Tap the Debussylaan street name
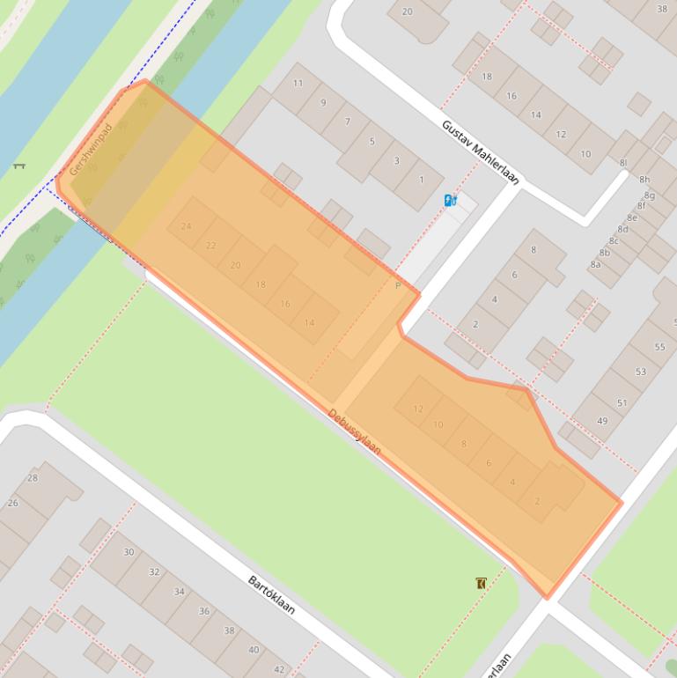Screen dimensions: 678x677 tap(355, 431)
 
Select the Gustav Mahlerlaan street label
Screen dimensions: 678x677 tap(481, 152)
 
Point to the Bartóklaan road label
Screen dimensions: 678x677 tap(271, 594)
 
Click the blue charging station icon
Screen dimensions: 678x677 tap(451, 200)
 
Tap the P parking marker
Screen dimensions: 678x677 tap(398, 285)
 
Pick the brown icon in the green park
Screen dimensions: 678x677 tap(481, 583)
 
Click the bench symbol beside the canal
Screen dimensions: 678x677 tap(19, 166)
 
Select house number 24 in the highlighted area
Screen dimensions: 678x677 tap(186, 226)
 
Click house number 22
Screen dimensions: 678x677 tap(210, 246)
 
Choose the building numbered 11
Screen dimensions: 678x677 tap(298, 84)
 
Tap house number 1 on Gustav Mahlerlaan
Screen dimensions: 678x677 tap(421, 181)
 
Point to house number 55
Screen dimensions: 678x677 tap(660, 347)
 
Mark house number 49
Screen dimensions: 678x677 tap(602, 421)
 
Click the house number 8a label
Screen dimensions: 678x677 tap(596, 264)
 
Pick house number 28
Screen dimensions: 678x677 tap(33, 478)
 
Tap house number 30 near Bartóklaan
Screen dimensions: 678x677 tap(129, 552)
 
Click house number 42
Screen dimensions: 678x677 tap(279, 669)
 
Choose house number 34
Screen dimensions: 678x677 tap(179, 592)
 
